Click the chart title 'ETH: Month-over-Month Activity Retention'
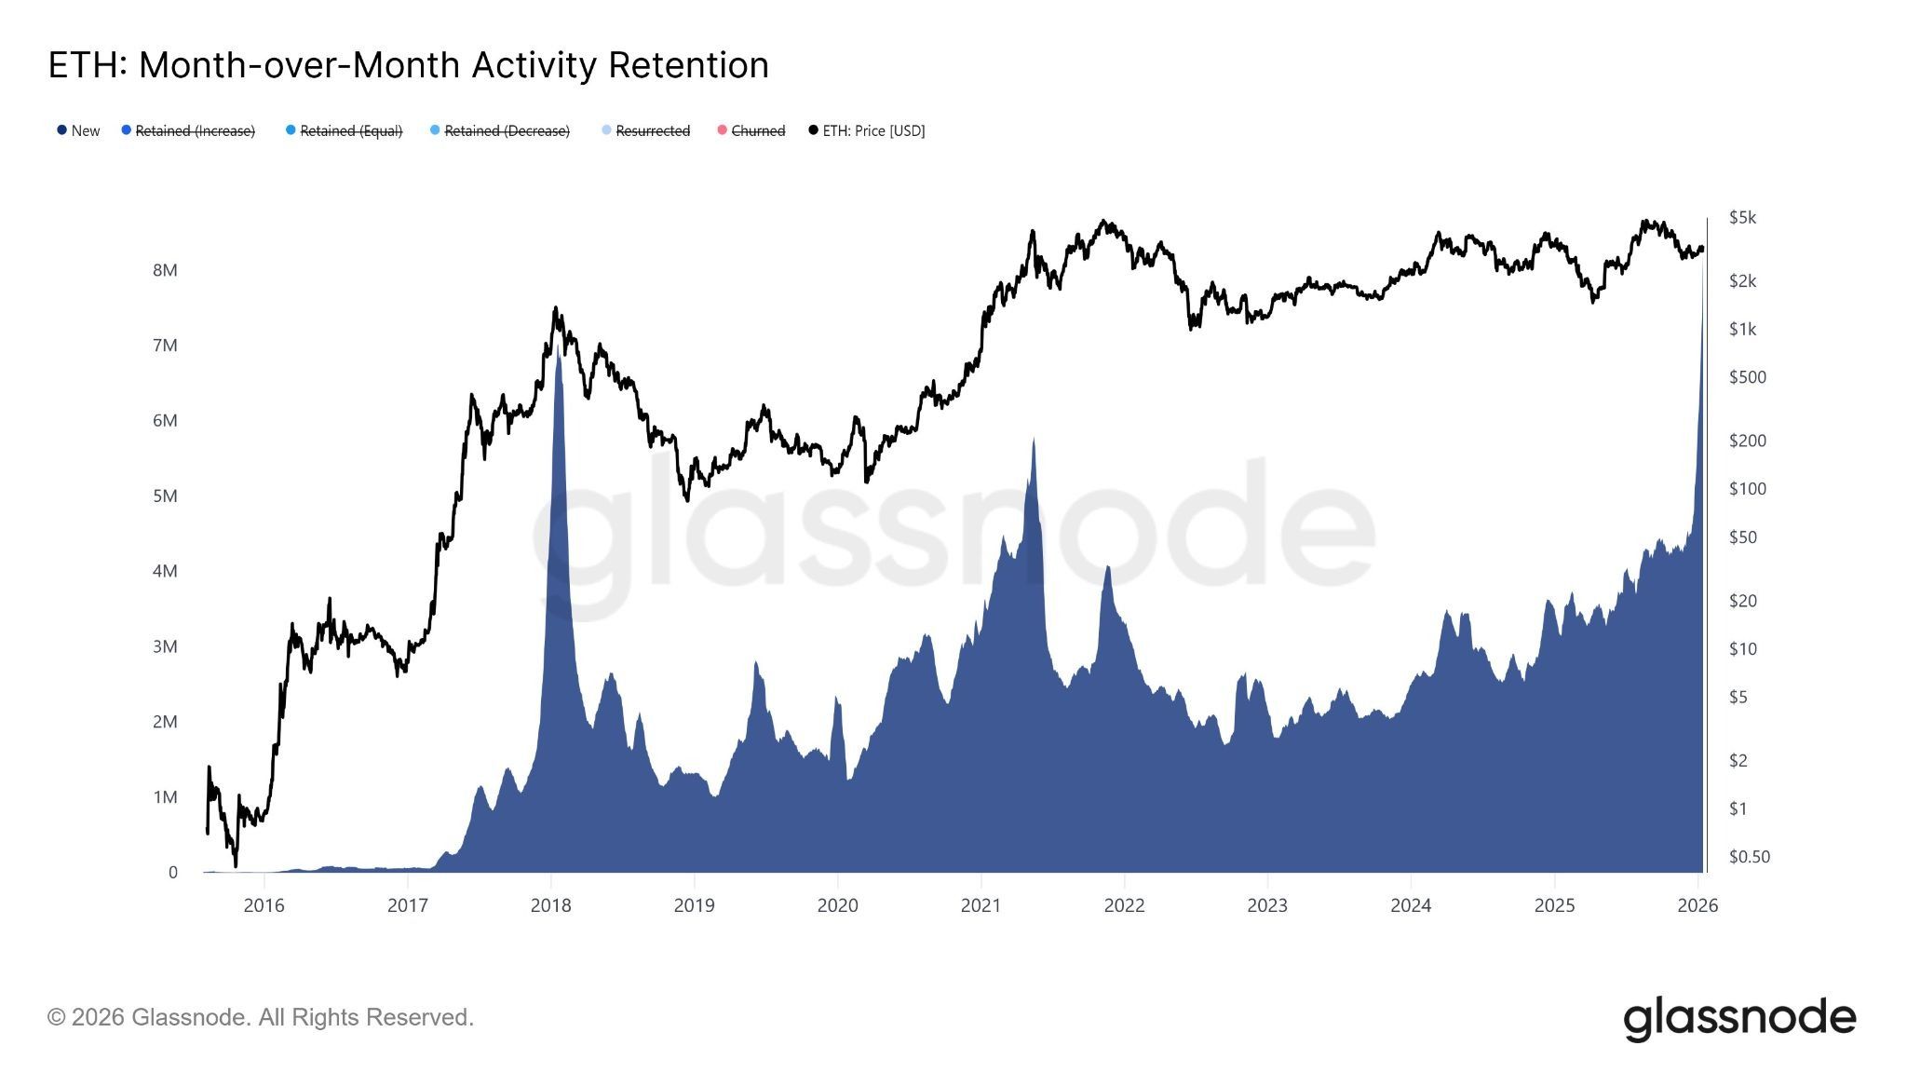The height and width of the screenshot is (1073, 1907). click(x=408, y=65)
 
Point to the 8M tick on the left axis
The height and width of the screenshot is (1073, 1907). click(x=165, y=270)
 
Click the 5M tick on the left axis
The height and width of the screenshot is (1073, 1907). click(x=165, y=496)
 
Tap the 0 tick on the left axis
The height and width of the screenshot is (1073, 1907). click(x=172, y=873)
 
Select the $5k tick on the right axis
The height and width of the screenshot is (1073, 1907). click(x=1742, y=217)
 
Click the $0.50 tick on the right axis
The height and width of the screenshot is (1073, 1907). click(x=1749, y=857)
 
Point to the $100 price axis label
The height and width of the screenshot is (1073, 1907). click(x=1747, y=489)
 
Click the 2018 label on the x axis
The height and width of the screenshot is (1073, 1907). click(x=550, y=905)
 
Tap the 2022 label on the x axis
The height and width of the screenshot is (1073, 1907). click(x=1124, y=905)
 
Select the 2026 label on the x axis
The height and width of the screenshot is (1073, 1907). click(x=1697, y=905)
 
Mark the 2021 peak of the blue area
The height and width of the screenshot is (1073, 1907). click(x=1034, y=440)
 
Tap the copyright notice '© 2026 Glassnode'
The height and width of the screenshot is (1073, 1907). click(x=261, y=1017)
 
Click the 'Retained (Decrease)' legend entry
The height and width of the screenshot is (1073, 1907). click(x=506, y=130)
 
